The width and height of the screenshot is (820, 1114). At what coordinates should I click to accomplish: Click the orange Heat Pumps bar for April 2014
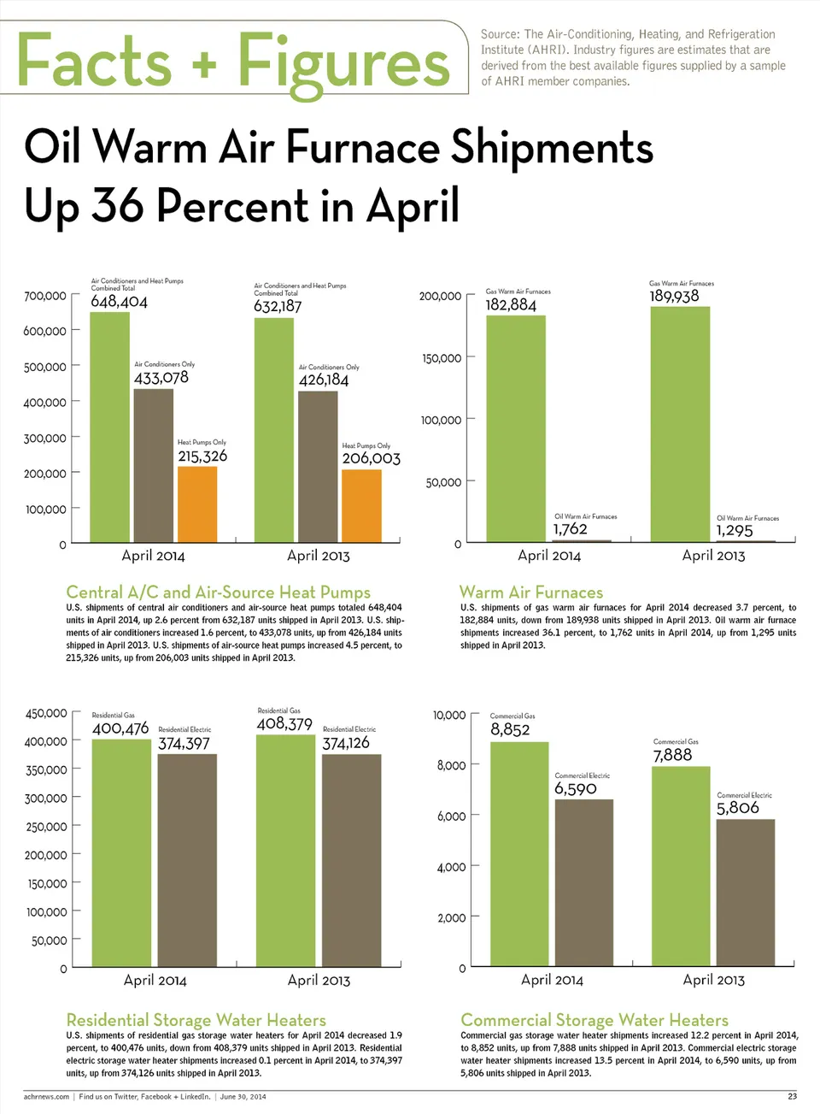click(x=197, y=504)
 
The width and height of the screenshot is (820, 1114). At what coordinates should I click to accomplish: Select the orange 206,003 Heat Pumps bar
click(x=361, y=506)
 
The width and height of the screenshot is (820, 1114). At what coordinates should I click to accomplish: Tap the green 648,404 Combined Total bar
click(x=110, y=427)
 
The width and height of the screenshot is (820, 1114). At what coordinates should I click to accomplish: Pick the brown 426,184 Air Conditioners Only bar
click(x=318, y=466)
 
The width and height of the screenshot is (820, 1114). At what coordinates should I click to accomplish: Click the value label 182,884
click(x=511, y=305)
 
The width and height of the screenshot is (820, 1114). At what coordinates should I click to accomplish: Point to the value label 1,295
click(x=735, y=530)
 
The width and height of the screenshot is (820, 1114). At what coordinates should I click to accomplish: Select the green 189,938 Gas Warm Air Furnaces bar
click(x=680, y=423)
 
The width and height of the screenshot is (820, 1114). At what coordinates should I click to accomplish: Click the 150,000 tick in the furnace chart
click(x=442, y=358)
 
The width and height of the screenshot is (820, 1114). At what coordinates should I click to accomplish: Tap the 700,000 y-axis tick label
click(x=45, y=296)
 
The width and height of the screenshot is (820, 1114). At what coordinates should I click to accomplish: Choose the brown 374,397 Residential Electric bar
click(x=187, y=860)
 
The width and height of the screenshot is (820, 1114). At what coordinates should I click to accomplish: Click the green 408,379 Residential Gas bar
click(x=285, y=851)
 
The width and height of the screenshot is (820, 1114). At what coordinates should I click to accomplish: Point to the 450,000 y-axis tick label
click(x=46, y=713)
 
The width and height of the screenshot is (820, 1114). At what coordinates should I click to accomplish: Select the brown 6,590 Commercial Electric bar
click(x=584, y=882)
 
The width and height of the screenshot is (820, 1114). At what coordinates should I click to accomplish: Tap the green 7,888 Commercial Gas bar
click(x=681, y=866)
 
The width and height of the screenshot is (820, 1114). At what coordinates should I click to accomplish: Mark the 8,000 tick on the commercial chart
click(x=451, y=765)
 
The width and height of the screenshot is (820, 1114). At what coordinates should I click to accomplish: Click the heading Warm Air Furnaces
click(x=531, y=592)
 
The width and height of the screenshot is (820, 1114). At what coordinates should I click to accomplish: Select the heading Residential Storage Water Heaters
click(x=196, y=1020)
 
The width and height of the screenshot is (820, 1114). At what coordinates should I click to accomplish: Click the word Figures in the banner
click(x=343, y=62)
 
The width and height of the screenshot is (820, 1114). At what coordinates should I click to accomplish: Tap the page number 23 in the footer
click(x=792, y=1096)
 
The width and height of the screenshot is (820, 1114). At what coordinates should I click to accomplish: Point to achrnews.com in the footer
click(x=46, y=1096)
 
